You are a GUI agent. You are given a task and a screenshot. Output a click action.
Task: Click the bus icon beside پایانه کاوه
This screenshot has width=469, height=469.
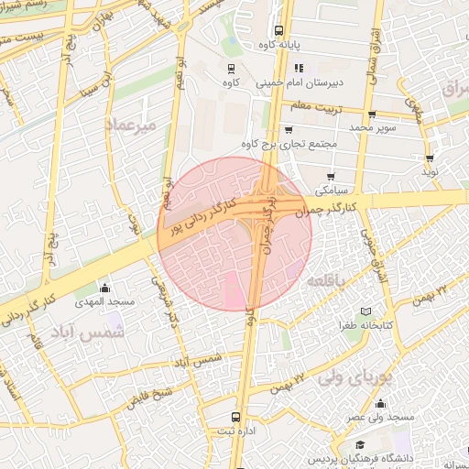click(x=278, y=30)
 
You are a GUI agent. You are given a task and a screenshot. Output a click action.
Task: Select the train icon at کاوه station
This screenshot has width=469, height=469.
click(x=230, y=70)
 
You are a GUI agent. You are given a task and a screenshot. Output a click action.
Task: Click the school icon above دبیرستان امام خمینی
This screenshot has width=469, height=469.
click(x=299, y=69)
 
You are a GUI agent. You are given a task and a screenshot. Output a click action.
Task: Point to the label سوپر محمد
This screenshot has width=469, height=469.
click(x=376, y=126)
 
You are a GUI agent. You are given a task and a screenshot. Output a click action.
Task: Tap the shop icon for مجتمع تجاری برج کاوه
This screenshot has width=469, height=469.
click(x=289, y=130)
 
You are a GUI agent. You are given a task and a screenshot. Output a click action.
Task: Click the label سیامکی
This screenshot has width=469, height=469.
click(x=332, y=191)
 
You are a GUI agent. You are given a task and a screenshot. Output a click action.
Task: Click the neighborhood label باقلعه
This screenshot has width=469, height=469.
click(x=330, y=278)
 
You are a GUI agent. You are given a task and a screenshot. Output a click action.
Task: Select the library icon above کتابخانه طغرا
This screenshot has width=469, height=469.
click(x=367, y=311)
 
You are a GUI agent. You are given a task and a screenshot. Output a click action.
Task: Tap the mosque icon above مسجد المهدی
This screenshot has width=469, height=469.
click(x=104, y=289)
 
